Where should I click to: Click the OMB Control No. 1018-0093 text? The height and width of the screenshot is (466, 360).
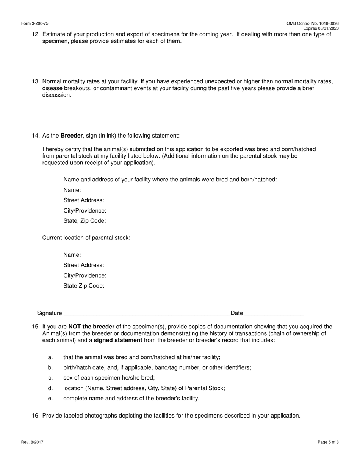click(x=313, y=23)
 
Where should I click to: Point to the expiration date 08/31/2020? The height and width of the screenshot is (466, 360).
click(x=329, y=28)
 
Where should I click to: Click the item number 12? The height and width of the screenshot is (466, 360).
click(x=36, y=34)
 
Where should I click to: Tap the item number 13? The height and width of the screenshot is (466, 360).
click(x=36, y=81)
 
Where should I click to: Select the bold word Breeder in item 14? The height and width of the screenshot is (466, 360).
click(x=72, y=136)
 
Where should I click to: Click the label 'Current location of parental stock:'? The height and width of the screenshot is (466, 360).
click(x=86, y=238)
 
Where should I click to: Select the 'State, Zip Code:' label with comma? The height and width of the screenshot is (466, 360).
click(x=85, y=221)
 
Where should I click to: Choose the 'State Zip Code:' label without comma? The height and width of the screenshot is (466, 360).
click(x=84, y=286)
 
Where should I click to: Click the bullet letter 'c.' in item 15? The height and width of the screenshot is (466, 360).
click(x=50, y=378)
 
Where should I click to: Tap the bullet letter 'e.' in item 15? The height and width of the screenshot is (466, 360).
click(x=50, y=399)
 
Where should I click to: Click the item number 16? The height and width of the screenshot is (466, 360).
click(x=36, y=416)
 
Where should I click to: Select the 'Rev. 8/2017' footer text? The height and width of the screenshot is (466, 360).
click(x=32, y=442)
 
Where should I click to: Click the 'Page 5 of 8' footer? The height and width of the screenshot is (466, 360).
click(x=328, y=442)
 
